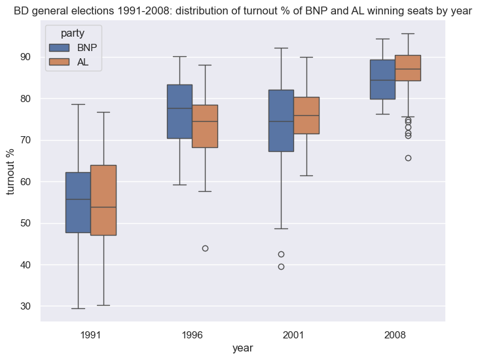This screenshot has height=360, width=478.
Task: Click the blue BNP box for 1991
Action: point(78,202)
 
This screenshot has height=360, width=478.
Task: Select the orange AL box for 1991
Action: point(103,200)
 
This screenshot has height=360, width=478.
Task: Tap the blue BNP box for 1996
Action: point(179,111)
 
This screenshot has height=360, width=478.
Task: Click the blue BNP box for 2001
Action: point(281,120)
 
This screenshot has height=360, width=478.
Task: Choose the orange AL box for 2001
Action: point(306,115)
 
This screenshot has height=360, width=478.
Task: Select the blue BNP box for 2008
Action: point(382,79)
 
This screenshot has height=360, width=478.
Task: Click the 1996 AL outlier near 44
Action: point(205,248)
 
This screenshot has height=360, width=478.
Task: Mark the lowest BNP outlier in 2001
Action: point(281,266)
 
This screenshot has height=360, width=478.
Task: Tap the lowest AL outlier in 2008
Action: point(408,158)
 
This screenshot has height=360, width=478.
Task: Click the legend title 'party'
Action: point(71,33)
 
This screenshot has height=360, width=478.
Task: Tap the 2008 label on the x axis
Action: point(395,334)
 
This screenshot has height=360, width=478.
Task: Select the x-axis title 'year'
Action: point(243,348)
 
